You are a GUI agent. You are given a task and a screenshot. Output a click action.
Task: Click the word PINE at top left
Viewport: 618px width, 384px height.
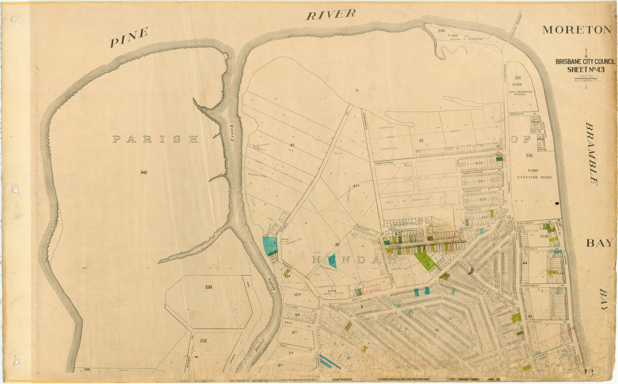pyautogui.click(x=129, y=37)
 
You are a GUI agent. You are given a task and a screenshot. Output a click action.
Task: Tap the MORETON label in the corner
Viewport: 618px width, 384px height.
pyautogui.click(x=577, y=30)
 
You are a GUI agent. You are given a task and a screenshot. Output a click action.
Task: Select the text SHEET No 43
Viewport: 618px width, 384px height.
pyautogui.click(x=586, y=70)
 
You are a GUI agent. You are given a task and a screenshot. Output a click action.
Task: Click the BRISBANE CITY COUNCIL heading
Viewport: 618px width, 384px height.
pyautogui.click(x=585, y=62)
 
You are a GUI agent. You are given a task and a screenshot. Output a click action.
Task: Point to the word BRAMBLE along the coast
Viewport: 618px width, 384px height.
pyautogui.click(x=592, y=153)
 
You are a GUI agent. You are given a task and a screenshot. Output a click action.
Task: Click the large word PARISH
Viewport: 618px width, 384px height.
pyautogui.click(x=155, y=139)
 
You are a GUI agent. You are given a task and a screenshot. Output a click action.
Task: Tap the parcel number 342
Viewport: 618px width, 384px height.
pyautogui.click(x=144, y=172)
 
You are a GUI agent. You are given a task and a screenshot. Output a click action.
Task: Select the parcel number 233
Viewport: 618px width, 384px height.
pyautogui.click(x=208, y=287)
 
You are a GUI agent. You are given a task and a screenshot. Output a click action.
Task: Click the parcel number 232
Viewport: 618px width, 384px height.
pyautogui.click(x=203, y=341)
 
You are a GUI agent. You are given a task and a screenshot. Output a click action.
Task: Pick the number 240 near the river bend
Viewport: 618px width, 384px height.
pyautogui.click(x=442, y=31)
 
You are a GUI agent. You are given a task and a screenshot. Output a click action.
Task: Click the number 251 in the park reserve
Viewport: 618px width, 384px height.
pyautogui.click(x=518, y=78)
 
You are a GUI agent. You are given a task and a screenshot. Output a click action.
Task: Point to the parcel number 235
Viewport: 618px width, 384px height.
pyautogui.click(x=529, y=155)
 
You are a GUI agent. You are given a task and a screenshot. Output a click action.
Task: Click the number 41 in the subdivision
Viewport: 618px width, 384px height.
pyautogui.click(x=292, y=145)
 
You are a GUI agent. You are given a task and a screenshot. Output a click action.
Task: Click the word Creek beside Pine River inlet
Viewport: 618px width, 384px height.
pyautogui.click(x=232, y=132)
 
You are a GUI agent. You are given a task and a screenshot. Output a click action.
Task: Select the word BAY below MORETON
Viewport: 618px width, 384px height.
pyautogui.click(x=599, y=243)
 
